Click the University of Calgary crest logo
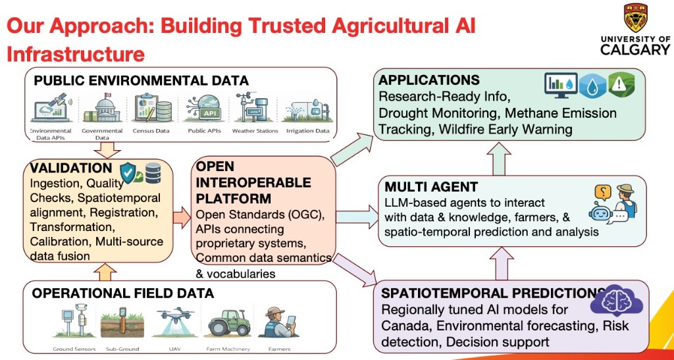click(636, 18)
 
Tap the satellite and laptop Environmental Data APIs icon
click(51, 108)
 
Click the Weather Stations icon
click(255, 108)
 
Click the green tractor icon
click(228, 322)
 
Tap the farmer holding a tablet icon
click(280, 322)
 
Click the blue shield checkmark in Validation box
click(128, 172)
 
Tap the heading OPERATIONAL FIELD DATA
click(123, 293)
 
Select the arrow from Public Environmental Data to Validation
click(107, 149)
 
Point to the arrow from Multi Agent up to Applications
click(499, 159)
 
